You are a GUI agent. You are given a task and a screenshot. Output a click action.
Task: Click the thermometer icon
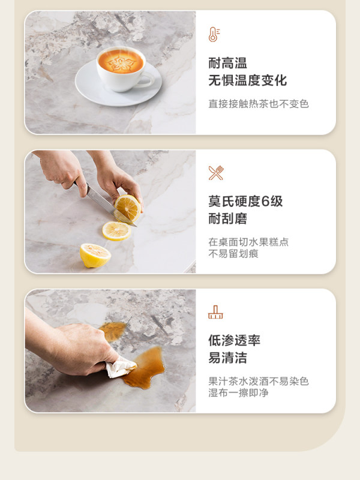pyautogui.click(x=214, y=34)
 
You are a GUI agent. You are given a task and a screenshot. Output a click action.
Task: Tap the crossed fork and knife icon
pyautogui.click(x=216, y=173)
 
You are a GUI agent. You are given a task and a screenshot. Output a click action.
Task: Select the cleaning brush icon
pyautogui.click(x=215, y=312)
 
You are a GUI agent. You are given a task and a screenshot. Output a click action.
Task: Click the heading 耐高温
pyautogui.click(x=228, y=63)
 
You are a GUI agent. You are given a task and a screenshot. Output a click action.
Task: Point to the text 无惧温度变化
pyautogui.click(x=248, y=80)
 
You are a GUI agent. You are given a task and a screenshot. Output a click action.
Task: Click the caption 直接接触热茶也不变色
pyautogui.click(x=259, y=104)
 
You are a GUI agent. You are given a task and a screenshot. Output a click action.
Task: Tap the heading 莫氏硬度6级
pyautogui.click(x=245, y=202)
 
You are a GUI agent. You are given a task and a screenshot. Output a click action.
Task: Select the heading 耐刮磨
pyautogui.click(x=228, y=219)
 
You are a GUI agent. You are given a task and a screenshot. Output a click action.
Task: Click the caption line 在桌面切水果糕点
pyautogui.click(x=248, y=242)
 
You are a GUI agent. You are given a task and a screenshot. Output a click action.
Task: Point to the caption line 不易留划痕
pyautogui.click(x=233, y=253)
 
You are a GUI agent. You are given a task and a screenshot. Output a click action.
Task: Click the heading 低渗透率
pyautogui.click(x=235, y=340)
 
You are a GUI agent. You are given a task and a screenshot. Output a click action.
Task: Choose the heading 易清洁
pyautogui.click(x=228, y=358)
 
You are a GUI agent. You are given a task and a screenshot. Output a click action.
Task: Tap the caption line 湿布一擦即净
pyautogui.click(x=238, y=392)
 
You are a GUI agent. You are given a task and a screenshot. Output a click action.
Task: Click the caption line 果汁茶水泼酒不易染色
pyautogui.click(x=259, y=381)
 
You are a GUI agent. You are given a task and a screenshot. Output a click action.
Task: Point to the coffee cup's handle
pyautogui.click(x=147, y=80)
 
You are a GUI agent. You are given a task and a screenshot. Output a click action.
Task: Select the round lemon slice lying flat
pyautogui.click(x=116, y=231)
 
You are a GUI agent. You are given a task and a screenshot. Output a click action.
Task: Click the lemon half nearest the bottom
pyautogui.click(x=95, y=256)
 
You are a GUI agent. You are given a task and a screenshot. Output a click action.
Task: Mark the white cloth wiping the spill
pyautogui.click(x=121, y=367)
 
